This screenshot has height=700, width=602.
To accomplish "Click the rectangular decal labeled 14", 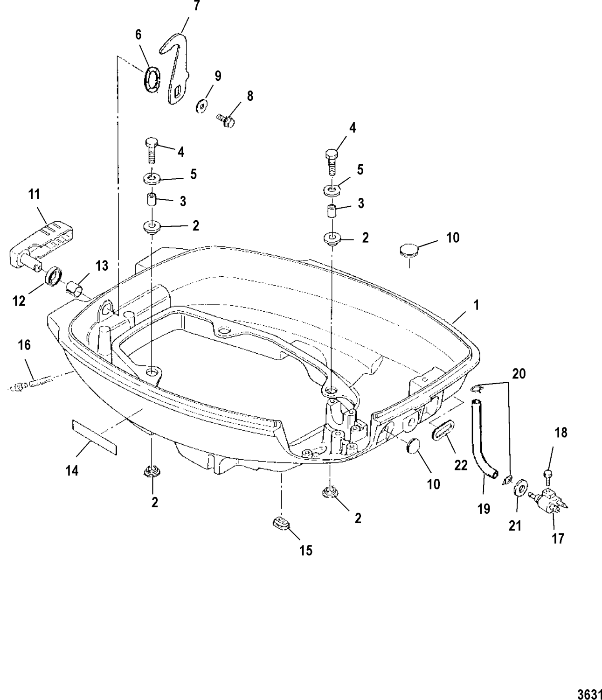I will click(x=94, y=436).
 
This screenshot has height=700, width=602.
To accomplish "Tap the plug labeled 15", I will click(x=280, y=524).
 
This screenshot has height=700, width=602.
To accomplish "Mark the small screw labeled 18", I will click(x=547, y=475).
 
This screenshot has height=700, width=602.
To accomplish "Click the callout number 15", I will click(x=305, y=550).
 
